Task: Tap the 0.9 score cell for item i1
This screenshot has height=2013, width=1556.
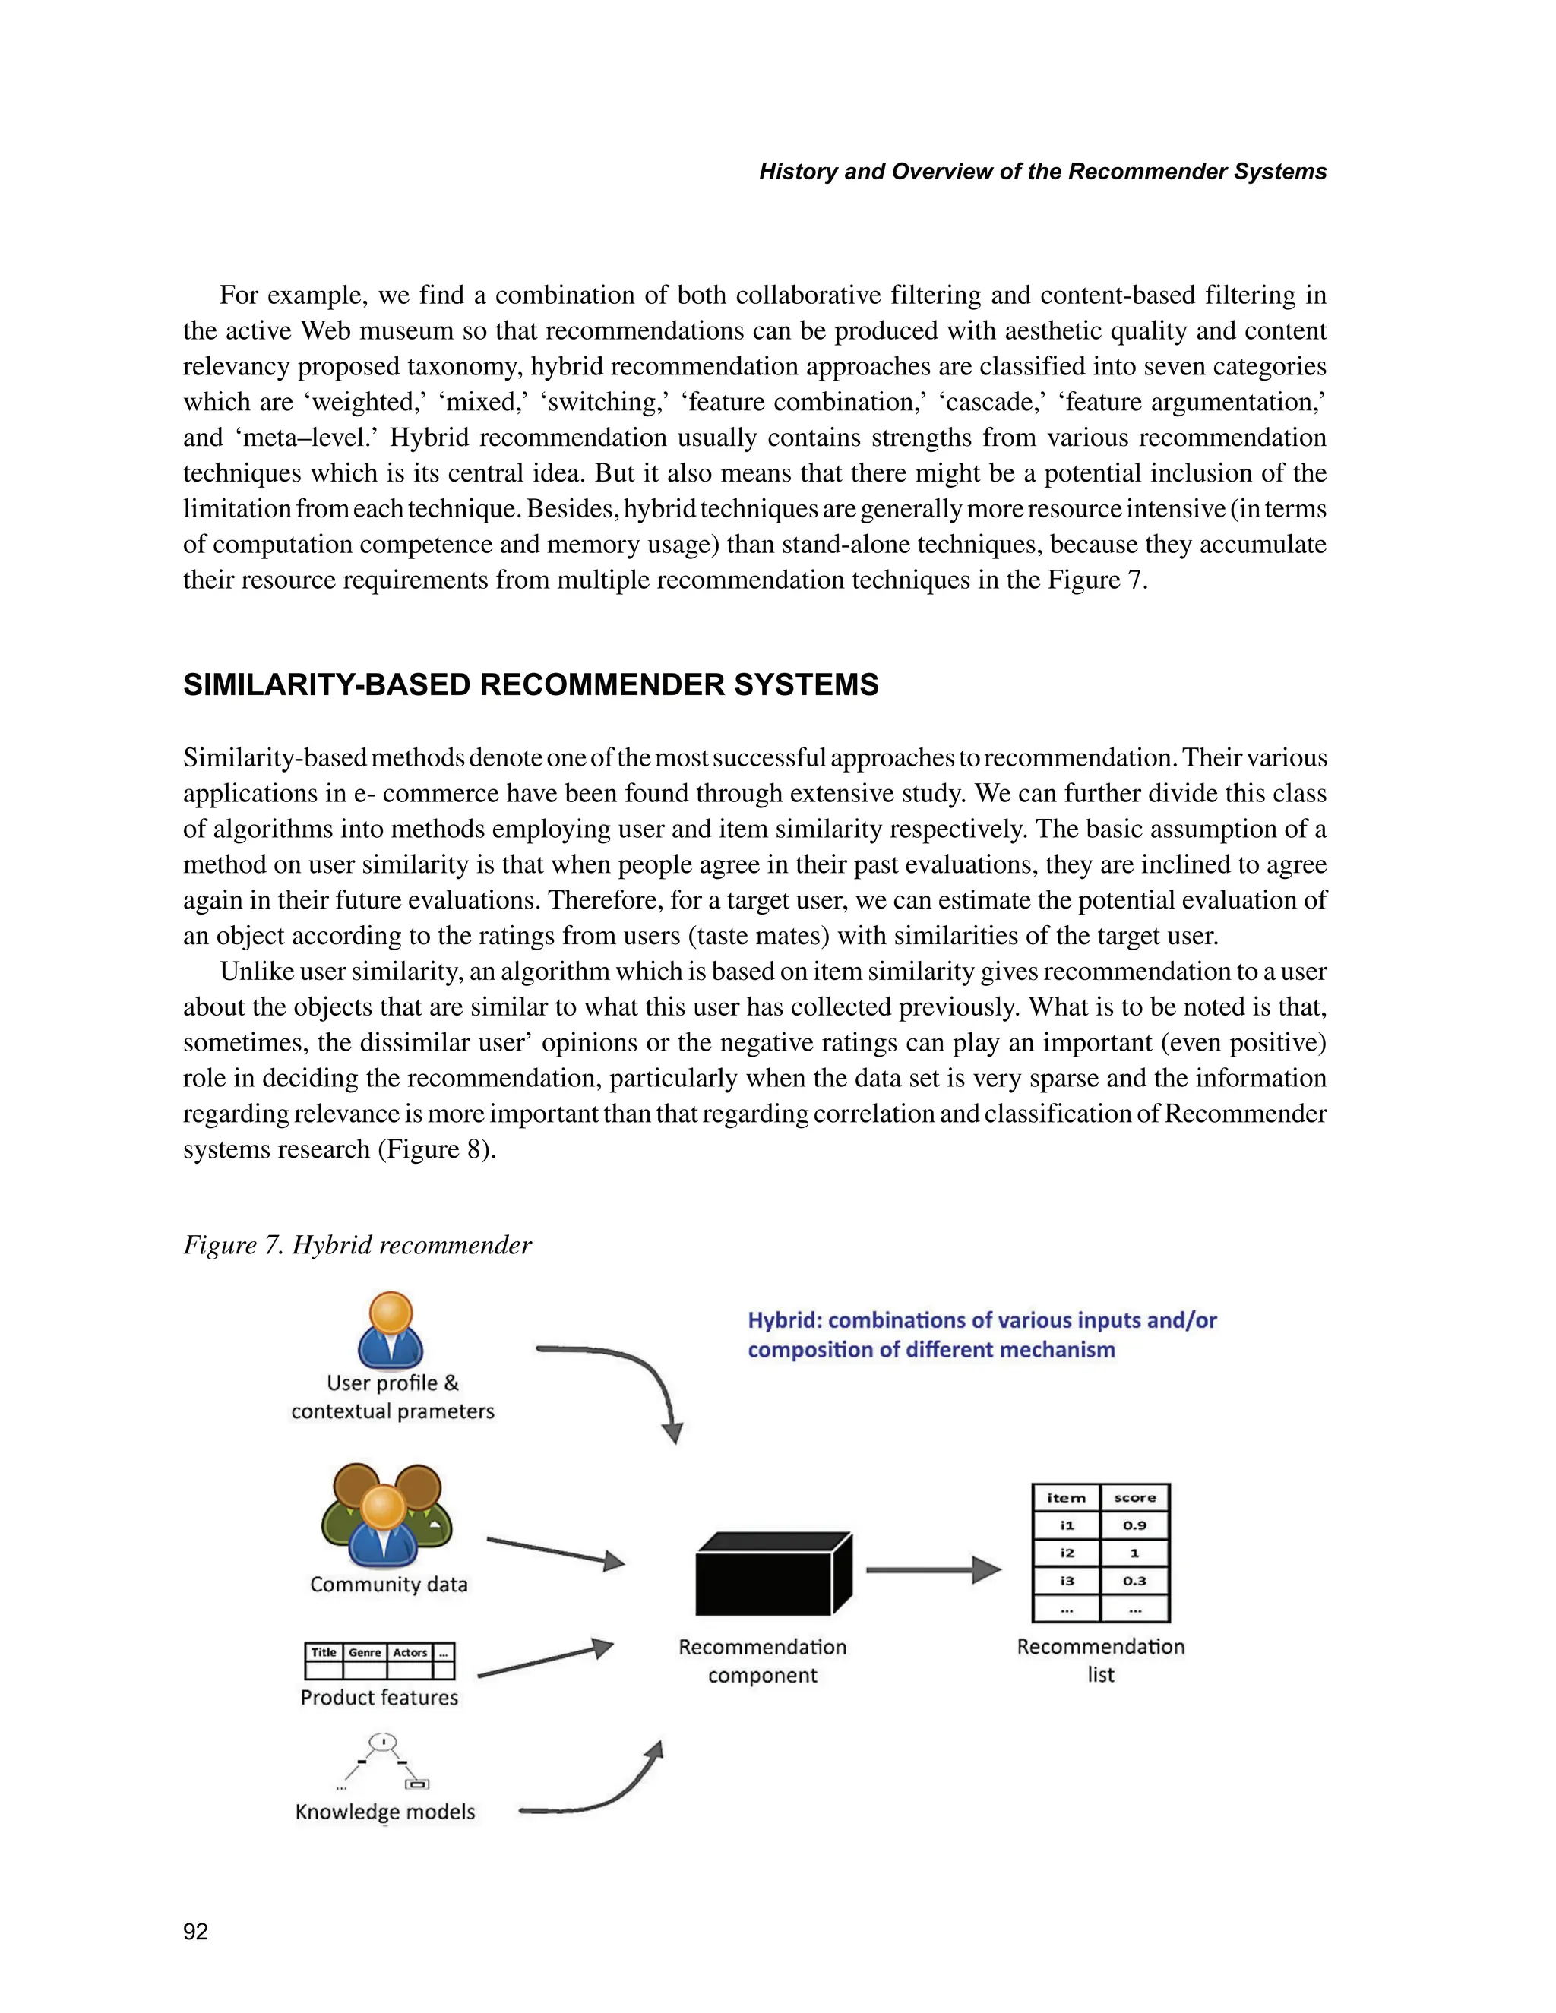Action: click(x=1135, y=1526)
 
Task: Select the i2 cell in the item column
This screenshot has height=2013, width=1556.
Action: click(x=1067, y=1554)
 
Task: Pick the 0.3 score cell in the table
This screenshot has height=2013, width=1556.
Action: click(x=1135, y=1582)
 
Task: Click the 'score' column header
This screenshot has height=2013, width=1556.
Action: click(x=1135, y=1499)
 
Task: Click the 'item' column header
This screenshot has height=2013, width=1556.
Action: click(x=1067, y=1499)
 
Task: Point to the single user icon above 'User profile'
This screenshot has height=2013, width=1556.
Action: click(x=390, y=1330)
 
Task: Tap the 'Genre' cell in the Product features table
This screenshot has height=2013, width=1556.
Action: click(x=365, y=1653)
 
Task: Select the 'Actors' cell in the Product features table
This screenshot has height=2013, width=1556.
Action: click(x=410, y=1653)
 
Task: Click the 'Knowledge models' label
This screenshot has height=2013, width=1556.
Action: click(x=385, y=1811)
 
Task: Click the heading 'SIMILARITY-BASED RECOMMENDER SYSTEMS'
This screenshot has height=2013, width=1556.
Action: click(x=530, y=685)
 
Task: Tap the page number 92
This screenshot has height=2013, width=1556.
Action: click(x=195, y=1932)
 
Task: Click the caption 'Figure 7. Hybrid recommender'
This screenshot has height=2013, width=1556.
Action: click(x=358, y=1245)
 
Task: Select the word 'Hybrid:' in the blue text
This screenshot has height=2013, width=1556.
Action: click(x=783, y=1321)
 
